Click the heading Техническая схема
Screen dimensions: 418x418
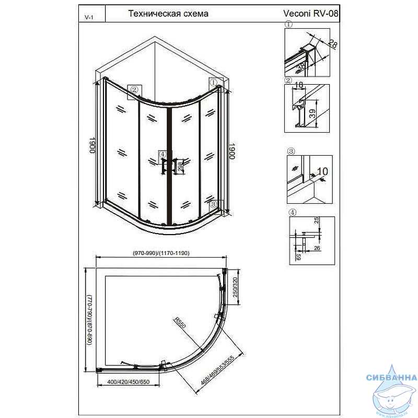[168, 14]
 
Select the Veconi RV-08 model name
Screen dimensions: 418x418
[311, 14]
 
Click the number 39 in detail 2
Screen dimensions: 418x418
[312, 114]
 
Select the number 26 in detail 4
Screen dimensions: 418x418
[317, 248]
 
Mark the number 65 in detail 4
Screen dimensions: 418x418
[298, 257]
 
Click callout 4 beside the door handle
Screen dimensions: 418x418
[162, 154]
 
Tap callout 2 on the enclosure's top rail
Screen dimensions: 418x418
[134, 89]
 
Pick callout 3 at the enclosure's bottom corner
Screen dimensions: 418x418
[214, 205]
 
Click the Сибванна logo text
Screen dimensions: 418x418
[391, 377]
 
